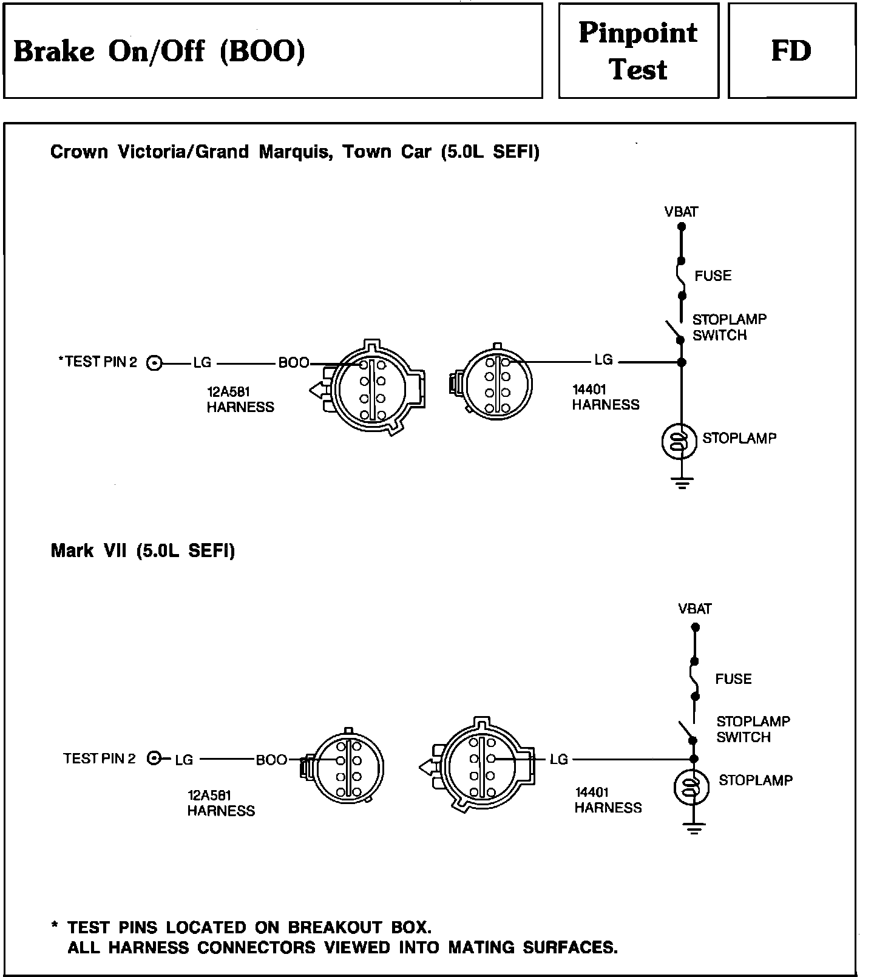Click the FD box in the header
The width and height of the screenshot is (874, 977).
coord(791,51)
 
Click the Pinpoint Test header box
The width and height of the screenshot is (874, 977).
coord(638,51)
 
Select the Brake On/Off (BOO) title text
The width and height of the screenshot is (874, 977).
coord(159,51)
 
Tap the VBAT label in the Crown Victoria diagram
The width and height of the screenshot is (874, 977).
coord(681,212)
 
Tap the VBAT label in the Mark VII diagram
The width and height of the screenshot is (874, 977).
coord(695,609)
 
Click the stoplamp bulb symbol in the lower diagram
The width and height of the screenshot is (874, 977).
coord(691,787)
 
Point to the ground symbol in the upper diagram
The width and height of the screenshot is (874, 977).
coord(682,483)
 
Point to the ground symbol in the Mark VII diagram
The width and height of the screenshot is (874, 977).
coord(693,828)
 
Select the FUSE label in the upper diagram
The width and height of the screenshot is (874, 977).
coord(713,276)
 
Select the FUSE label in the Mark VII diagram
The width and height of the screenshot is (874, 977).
coord(733,679)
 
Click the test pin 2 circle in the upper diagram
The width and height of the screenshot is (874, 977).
coord(155,363)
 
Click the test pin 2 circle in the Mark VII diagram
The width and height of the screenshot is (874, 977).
coord(155,758)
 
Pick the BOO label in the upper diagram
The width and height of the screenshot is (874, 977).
coord(294,363)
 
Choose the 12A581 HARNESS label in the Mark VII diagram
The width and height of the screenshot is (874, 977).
coord(221,803)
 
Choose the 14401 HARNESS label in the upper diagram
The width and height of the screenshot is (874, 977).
coord(606,397)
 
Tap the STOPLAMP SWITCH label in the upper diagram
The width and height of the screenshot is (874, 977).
coord(729,327)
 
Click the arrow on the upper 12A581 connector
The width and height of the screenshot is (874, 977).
coord(317,390)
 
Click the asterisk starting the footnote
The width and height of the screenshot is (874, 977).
coord(55,927)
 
